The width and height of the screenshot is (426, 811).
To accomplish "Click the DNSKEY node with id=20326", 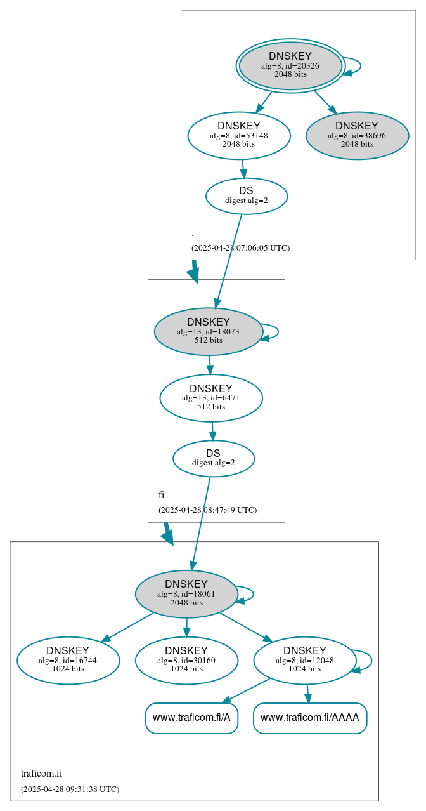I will click(x=290, y=65).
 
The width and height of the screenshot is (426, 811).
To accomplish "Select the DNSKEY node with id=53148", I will click(x=239, y=135).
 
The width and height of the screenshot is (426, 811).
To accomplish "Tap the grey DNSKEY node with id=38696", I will click(x=357, y=135).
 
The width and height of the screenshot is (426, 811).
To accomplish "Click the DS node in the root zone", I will click(x=246, y=196).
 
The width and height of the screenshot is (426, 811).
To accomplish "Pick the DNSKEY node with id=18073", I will click(x=208, y=331).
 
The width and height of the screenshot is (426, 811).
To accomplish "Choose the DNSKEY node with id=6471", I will click(x=210, y=398).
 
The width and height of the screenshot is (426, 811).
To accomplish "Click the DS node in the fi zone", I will click(x=213, y=458).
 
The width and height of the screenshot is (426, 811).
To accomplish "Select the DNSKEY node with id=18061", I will click(x=186, y=594).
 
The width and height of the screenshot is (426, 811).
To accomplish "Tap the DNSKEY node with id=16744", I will click(x=68, y=661).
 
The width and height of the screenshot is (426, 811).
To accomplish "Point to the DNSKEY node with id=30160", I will click(x=186, y=661).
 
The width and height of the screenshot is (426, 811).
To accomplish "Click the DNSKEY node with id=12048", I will click(x=304, y=661).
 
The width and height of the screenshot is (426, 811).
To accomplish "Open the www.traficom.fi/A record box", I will click(x=191, y=718).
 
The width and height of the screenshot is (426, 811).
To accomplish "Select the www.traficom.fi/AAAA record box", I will click(x=309, y=718).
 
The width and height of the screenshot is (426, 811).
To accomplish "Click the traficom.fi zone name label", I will click(x=41, y=774).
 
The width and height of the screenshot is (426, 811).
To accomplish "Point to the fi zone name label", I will click(x=162, y=495).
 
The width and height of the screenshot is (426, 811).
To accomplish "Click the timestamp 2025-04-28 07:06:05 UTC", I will click(x=240, y=248).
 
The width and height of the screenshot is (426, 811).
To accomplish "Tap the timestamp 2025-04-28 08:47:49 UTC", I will click(x=207, y=510).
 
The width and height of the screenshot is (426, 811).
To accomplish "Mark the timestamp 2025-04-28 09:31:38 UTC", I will click(x=70, y=789).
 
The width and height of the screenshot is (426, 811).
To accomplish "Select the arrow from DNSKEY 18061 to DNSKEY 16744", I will click(x=127, y=627).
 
